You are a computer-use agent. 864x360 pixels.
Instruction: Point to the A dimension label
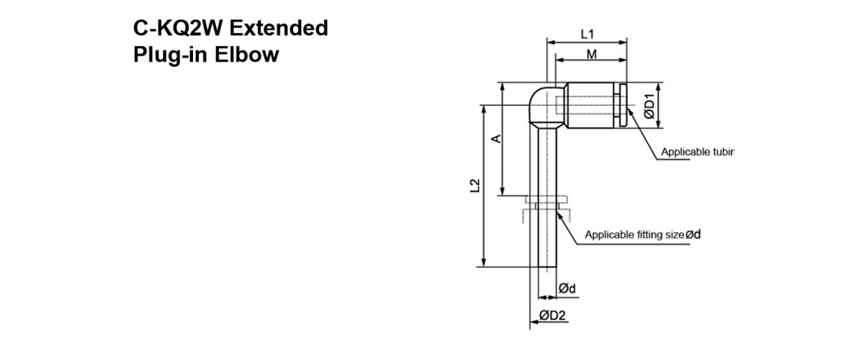point(495,138)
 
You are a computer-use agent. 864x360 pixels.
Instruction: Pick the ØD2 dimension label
point(552,315)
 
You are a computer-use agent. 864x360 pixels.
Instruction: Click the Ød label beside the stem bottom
point(567,289)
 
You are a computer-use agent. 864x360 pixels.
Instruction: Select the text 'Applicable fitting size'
point(634,235)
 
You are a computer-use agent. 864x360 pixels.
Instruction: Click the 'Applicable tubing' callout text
point(696,152)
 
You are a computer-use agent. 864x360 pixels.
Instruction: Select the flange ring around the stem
point(547,199)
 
